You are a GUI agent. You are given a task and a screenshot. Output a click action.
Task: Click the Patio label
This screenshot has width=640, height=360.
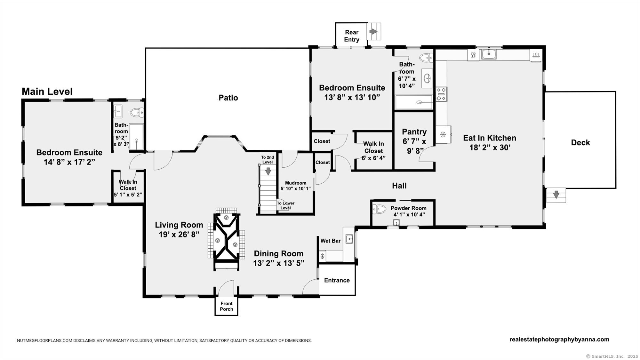tap(228, 98)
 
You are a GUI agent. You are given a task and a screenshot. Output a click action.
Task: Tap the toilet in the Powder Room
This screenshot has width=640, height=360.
tap(379, 209)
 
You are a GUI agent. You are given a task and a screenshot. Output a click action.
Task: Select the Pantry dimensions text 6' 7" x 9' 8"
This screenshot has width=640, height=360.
tap(414, 146)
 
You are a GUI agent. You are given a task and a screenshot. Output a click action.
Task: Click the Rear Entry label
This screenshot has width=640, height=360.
tap(351, 36)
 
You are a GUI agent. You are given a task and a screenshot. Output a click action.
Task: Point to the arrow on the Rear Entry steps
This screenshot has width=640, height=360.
tap(373, 31)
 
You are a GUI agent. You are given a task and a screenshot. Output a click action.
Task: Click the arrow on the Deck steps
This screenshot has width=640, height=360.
tap(556, 194)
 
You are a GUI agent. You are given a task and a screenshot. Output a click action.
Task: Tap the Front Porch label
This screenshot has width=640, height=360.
tap(227, 306)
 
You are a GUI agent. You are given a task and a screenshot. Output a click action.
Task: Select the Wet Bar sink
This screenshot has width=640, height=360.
tap(349, 239)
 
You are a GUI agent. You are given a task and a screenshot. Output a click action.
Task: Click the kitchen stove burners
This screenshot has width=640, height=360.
tap(441, 94)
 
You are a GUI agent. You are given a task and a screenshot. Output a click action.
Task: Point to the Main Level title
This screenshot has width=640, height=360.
tap(47, 92)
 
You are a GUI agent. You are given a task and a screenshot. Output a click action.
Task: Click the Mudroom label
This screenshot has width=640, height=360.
tap(296, 183)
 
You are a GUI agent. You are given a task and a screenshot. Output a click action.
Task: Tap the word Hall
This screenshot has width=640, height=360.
tap(399, 186)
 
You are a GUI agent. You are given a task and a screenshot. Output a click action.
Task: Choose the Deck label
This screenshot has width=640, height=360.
tap(580, 142)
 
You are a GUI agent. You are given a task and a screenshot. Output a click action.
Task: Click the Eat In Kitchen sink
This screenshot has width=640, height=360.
tap(489, 54)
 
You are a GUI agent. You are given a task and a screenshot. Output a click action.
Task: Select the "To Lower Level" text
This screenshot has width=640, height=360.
tap(285, 205)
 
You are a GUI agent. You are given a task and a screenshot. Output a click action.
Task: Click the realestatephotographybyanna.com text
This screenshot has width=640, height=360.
tap(559, 340)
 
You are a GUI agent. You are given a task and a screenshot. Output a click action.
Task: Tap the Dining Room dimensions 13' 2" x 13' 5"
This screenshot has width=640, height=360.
tap(279, 263)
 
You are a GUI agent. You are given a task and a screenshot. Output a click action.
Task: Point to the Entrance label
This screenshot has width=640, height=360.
tap(337, 280)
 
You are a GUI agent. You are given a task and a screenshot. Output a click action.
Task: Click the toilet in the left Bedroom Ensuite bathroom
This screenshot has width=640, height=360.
tap(137, 112)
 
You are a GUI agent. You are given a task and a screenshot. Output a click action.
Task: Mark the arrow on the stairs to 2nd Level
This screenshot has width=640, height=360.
tap(268, 171)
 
